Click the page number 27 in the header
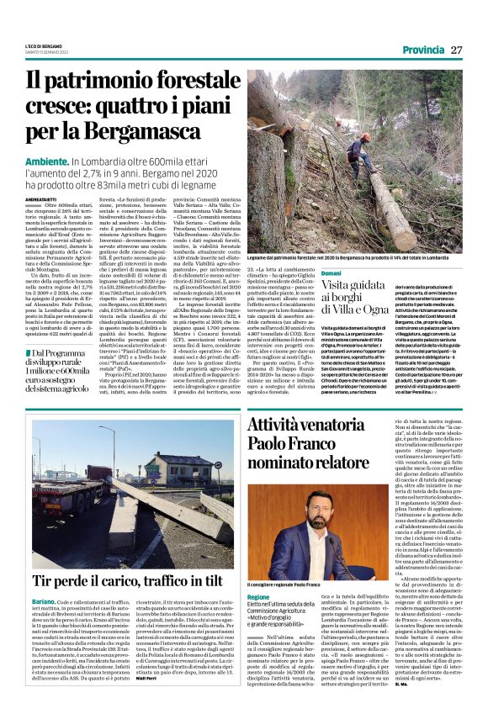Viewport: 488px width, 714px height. [x=455, y=50]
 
